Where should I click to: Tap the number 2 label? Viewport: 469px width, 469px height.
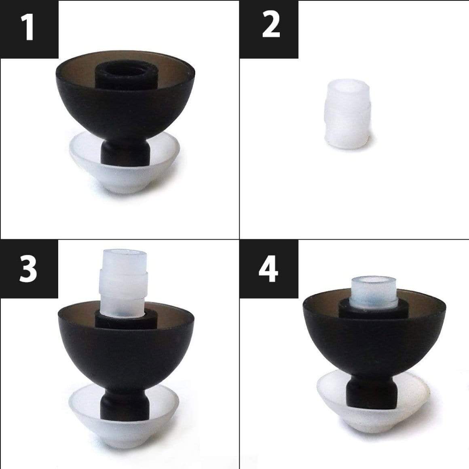tap(271, 27)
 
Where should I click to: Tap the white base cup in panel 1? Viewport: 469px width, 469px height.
tap(125, 167)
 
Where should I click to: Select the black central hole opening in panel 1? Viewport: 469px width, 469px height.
tap(126, 70)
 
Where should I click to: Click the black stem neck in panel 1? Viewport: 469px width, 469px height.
tap(125, 152)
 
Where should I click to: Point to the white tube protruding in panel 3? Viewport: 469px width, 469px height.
tap(123, 283)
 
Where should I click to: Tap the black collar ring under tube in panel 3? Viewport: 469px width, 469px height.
tap(126, 321)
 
